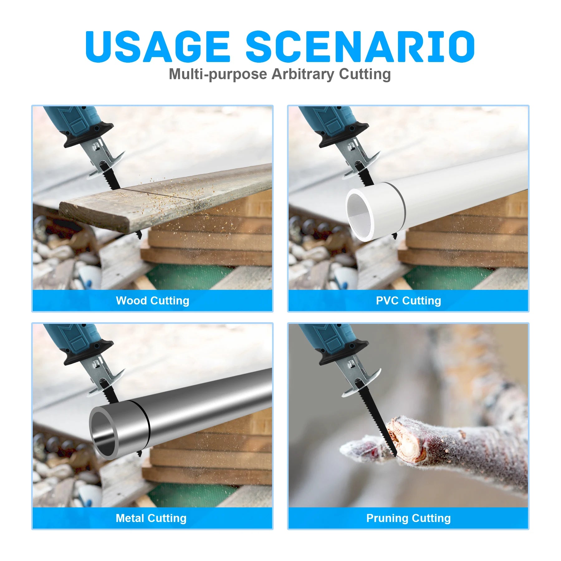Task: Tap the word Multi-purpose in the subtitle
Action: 218,74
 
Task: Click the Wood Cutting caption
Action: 152,300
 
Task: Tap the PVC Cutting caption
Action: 408,300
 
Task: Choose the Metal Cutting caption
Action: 151,518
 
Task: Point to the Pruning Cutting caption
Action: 408,518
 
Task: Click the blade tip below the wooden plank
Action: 139,235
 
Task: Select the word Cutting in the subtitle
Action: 365,74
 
